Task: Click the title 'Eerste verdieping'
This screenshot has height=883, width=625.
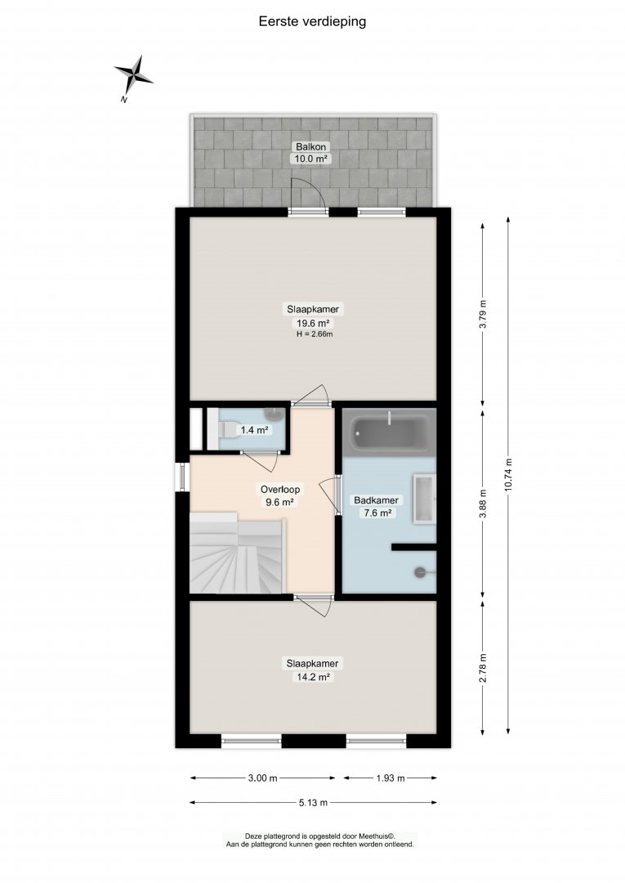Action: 312,21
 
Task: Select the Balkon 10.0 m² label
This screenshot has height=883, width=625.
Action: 311,153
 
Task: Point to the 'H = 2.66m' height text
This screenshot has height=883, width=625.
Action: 315,334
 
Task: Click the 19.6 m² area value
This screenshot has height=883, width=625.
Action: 313,323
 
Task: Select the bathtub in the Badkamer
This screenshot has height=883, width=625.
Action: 389,433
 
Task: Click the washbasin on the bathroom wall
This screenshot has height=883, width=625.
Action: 425,499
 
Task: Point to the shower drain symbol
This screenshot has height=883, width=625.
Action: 421,572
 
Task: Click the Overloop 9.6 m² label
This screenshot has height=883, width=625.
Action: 280,495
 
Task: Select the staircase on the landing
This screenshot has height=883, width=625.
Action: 236,554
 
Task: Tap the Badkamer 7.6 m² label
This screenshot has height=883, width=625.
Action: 377,506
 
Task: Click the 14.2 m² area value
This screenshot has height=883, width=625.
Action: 312,677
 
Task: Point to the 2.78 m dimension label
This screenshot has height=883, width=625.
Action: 483,668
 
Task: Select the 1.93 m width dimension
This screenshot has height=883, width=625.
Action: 391,778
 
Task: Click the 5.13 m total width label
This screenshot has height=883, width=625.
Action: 313,803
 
